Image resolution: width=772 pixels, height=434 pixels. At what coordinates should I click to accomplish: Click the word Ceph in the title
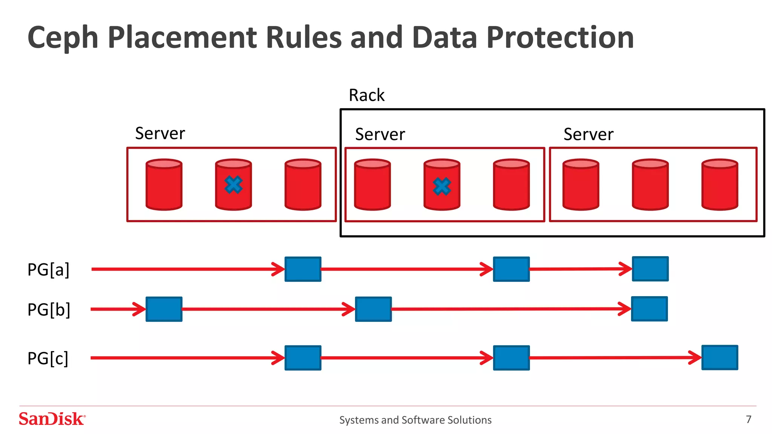[x=63, y=38]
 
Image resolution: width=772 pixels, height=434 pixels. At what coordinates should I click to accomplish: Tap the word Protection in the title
[x=560, y=38]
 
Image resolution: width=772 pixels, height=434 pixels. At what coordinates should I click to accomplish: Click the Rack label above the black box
[x=366, y=95]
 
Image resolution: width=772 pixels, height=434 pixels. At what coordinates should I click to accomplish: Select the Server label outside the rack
[x=160, y=133]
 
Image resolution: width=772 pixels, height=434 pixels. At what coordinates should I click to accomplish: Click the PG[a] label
[x=48, y=270]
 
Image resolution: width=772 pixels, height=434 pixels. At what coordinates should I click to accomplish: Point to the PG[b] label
[x=49, y=310]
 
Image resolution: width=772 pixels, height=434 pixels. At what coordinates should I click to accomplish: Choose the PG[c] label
[x=48, y=358]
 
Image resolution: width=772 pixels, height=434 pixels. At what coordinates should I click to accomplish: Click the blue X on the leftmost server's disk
[x=233, y=185]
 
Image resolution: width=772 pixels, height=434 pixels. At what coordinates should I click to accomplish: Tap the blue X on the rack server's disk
[x=442, y=186]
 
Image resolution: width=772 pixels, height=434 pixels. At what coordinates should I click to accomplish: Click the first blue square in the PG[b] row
[x=164, y=309]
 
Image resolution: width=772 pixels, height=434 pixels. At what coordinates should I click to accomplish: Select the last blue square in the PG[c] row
[x=720, y=358]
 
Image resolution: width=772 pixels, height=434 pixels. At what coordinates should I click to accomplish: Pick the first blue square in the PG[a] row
[x=303, y=269]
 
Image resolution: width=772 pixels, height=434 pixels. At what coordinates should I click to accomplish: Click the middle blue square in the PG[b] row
[x=373, y=309]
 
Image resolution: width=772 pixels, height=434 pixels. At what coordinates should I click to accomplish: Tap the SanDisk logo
[x=52, y=419]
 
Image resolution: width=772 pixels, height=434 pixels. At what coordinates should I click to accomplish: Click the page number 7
[x=749, y=419]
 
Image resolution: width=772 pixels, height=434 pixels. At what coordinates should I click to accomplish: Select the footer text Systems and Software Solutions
[x=415, y=420]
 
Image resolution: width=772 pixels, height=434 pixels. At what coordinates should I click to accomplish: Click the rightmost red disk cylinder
[x=720, y=185]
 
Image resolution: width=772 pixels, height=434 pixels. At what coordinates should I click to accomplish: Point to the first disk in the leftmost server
[x=164, y=185]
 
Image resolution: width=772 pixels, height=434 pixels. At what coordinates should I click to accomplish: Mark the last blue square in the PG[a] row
[x=650, y=269]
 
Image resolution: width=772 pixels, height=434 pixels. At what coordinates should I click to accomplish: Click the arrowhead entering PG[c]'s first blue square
[x=279, y=358]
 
